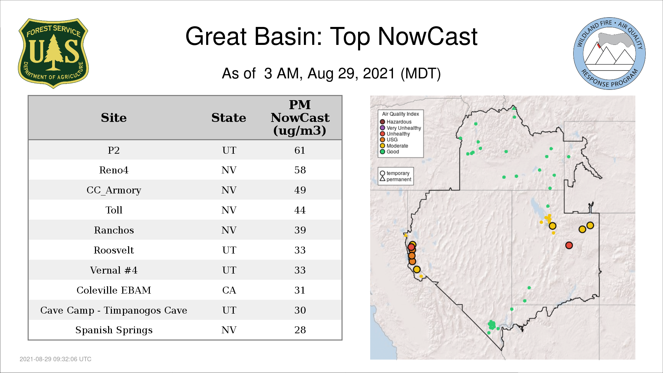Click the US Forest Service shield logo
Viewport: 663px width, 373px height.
(x=53, y=54)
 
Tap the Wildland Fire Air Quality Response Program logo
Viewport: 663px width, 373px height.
(x=609, y=54)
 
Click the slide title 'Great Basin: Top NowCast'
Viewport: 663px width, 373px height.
(x=331, y=36)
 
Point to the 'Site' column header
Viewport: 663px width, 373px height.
(x=114, y=118)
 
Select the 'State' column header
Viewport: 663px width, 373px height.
(x=229, y=118)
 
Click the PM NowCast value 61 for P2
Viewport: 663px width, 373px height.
(x=300, y=150)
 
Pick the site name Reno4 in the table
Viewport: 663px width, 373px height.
(x=114, y=170)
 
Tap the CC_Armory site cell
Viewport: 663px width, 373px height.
(x=114, y=190)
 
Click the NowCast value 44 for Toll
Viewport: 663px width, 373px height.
(x=300, y=210)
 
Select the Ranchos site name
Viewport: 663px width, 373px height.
(x=114, y=230)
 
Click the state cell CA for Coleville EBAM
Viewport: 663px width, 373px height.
(x=229, y=290)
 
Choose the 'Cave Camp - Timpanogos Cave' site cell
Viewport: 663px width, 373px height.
(x=114, y=310)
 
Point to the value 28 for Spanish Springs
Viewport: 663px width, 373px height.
(x=300, y=330)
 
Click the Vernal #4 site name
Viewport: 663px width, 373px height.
(x=114, y=270)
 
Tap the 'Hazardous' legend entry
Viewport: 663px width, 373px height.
(x=396, y=122)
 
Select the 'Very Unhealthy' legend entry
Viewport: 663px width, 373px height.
(x=401, y=128)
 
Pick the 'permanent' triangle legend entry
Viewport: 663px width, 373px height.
(x=395, y=179)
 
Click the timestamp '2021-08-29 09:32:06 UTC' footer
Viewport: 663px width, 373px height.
(x=56, y=359)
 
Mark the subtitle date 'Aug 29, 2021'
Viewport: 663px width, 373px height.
(x=351, y=74)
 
